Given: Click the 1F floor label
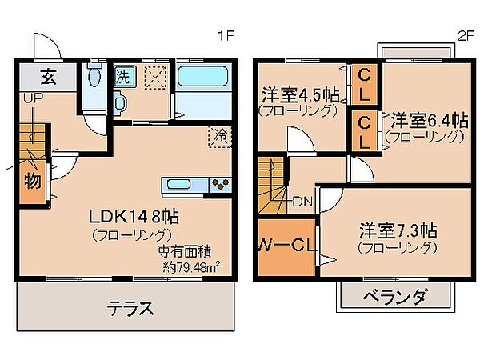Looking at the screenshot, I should (226, 36).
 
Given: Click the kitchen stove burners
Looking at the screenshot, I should (220, 186).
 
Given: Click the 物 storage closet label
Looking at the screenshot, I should (32, 181).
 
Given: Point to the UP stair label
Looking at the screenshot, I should (33, 98).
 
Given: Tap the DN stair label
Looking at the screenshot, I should (302, 201).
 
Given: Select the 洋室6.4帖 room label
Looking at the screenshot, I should (429, 121).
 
